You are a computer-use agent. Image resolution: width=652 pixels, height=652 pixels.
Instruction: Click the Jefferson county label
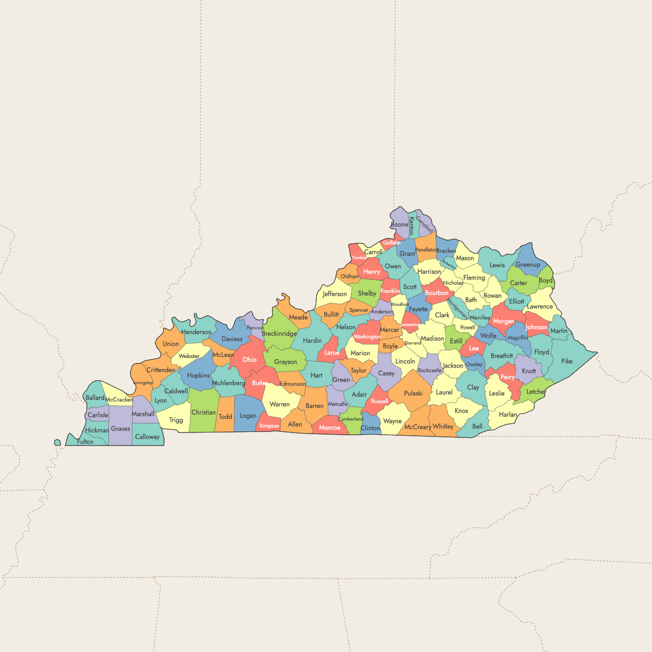[335, 294]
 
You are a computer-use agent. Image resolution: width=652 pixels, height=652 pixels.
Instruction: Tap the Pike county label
[567, 361]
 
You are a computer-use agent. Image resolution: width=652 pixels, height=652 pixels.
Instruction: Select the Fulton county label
[85, 442]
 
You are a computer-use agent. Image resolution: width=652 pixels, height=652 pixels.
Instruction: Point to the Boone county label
[399, 224]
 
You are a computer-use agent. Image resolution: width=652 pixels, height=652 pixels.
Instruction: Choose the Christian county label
[204, 412]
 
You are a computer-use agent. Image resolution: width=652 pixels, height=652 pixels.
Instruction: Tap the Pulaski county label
[413, 393]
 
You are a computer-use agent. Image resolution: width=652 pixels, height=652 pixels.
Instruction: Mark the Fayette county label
[418, 309]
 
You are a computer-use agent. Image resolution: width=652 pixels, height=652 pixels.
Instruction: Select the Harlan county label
[508, 415]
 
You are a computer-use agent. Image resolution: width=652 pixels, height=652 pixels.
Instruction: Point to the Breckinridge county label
[279, 334]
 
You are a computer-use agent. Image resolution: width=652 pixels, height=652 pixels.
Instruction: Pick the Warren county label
[280, 404]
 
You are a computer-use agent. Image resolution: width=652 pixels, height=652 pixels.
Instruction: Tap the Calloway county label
[147, 437]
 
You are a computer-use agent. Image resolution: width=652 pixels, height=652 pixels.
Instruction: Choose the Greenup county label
[528, 265]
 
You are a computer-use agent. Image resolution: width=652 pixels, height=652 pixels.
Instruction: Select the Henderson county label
[196, 332]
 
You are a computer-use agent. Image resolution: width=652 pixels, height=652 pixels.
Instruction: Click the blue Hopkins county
[198, 375]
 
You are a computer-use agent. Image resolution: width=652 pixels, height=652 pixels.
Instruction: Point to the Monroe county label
[330, 428]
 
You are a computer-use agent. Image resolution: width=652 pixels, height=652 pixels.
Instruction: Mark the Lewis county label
[497, 265]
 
